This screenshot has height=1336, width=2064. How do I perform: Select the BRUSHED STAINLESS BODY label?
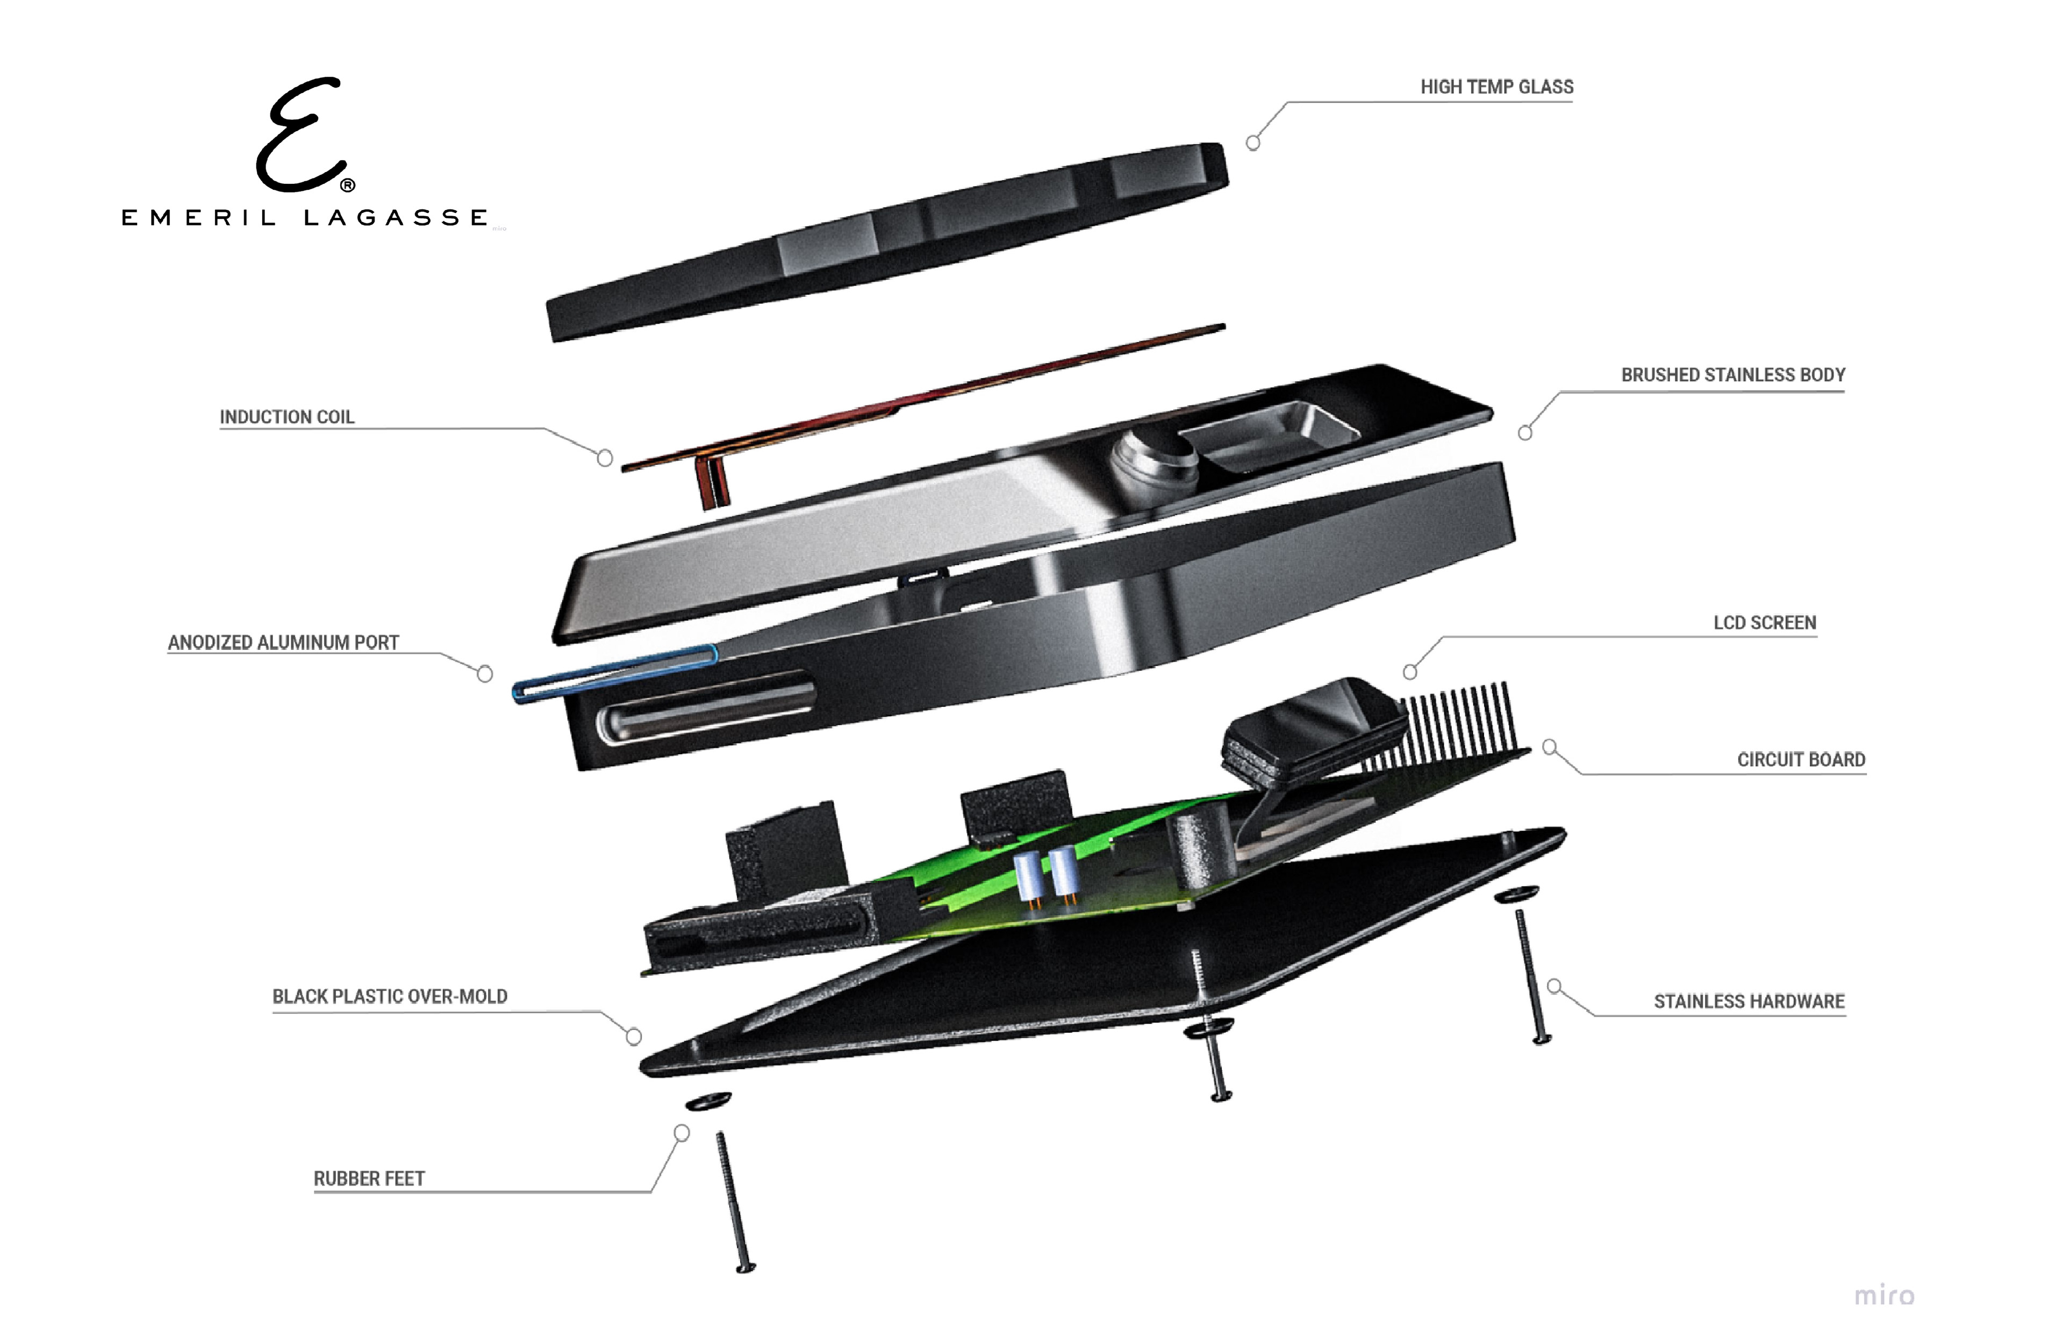1733,375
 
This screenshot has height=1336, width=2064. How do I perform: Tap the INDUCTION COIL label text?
287,417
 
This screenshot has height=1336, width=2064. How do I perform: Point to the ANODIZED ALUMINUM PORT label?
283,643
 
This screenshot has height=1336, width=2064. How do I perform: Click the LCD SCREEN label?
1764,623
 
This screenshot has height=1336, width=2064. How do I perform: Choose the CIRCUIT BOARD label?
1801,760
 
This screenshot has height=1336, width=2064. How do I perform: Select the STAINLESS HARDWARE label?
1748,1002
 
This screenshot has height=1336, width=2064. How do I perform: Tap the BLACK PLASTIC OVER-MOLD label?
389,997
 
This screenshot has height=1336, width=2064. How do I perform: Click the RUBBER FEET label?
369,1179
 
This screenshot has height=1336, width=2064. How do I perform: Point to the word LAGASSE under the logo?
396,218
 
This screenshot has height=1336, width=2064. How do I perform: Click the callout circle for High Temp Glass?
1253,143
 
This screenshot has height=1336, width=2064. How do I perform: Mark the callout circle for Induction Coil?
605,457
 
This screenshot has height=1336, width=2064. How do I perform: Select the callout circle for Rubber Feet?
682,1133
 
